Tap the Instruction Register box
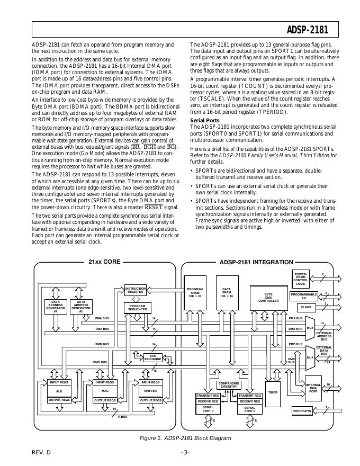coord(136,290)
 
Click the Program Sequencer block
coord(138,308)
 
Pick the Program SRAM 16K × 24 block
coord(195,292)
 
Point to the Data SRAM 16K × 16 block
coord(227,292)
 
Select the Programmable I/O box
coord(303,296)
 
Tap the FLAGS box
coord(306,307)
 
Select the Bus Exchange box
coord(152,357)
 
